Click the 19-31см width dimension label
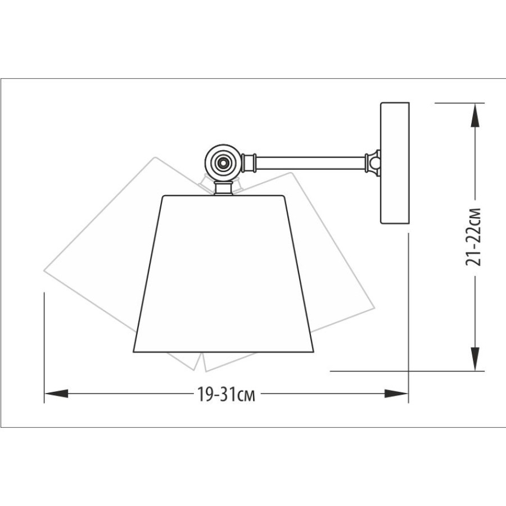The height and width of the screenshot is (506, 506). coord(226,394)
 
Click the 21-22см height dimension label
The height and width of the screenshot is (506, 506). coord(474,237)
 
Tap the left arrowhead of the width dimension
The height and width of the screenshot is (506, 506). coord(57,394)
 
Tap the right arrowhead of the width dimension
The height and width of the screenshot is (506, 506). coord(396,394)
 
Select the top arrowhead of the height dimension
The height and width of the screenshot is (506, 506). coord(475,115)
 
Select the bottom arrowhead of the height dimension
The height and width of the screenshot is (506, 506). coord(475,359)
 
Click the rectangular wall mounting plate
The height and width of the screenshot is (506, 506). coord(395,163)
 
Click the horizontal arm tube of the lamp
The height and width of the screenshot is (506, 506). coord(310,163)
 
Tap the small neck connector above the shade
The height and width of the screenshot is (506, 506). coord(223,188)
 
